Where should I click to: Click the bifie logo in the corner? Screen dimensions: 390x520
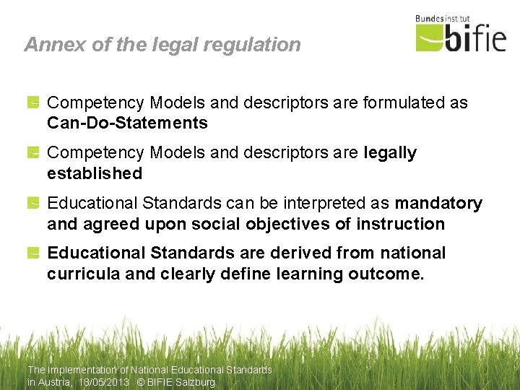pos(461,36)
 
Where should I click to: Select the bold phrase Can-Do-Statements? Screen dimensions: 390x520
pos(127,123)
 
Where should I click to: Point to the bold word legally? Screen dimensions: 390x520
pos(390,153)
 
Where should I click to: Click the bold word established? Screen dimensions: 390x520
pos(95,173)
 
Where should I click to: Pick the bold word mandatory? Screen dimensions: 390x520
pos(438,204)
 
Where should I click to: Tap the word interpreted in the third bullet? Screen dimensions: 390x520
pos(329,204)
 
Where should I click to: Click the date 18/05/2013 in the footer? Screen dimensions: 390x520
pos(104,383)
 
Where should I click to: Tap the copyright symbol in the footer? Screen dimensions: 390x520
pos(140,383)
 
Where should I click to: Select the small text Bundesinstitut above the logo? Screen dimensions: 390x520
pos(443,18)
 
